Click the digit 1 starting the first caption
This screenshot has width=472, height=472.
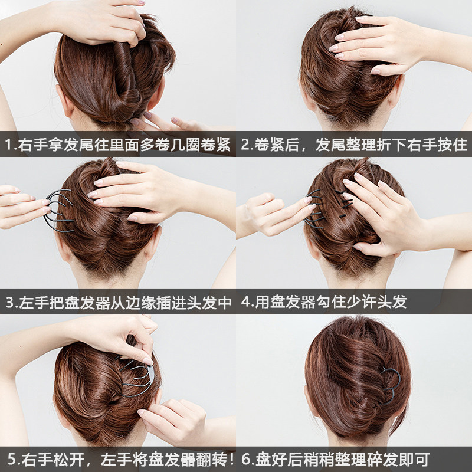[8, 145]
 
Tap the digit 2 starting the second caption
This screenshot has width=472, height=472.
[244, 145]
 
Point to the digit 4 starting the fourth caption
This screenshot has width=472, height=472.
[245, 303]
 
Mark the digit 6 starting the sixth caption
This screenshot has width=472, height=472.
[245, 459]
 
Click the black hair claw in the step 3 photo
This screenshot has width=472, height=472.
[58, 211]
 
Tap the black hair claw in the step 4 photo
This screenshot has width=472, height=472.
[316, 209]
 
